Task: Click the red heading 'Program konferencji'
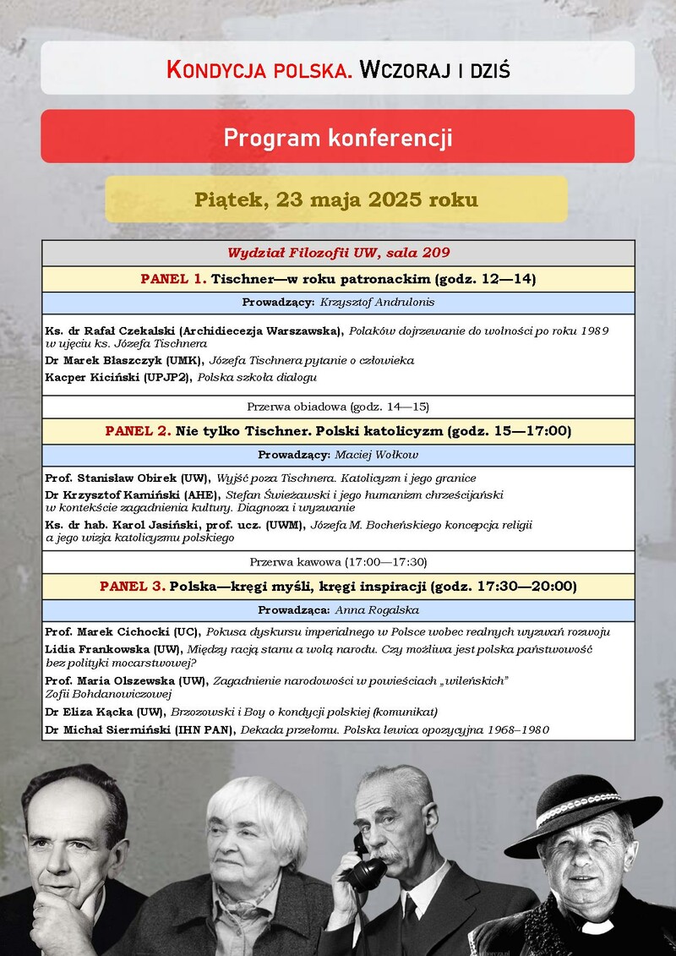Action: click(x=337, y=137)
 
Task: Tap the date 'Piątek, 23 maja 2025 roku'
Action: click(x=336, y=200)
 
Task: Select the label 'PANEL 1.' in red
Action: click(x=173, y=278)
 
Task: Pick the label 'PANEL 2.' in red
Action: click(x=138, y=431)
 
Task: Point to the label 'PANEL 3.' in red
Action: click(x=133, y=586)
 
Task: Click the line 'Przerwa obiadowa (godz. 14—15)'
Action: click(x=338, y=407)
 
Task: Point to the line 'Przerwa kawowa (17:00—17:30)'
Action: click(x=338, y=561)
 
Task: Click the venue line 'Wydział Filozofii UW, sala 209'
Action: click(x=338, y=253)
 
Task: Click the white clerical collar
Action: click(x=597, y=927)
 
